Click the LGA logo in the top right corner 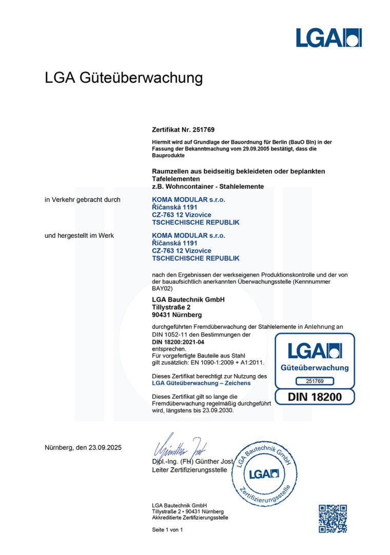click(328, 38)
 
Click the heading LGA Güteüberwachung click(124, 78)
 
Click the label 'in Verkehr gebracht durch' click(83, 199)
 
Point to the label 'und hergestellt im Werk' click(80, 235)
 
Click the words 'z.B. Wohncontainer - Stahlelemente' click(208, 187)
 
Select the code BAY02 click(163, 289)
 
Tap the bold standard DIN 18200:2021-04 click(181, 342)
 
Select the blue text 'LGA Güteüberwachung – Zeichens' click(201, 383)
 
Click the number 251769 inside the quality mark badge click(315, 381)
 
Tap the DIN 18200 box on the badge click(315, 396)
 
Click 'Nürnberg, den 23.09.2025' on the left click(83, 448)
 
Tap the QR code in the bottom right click(332, 518)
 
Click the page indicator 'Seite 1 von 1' click(167, 529)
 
